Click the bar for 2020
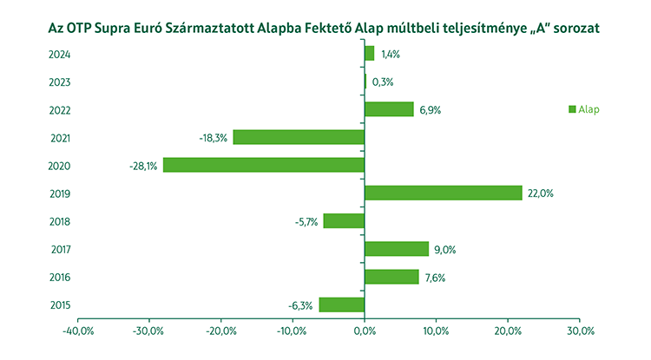click(x=264, y=165)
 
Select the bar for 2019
click(x=444, y=193)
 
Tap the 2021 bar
click(x=299, y=137)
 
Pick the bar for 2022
click(x=389, y=109)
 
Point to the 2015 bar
click(x=342, y=304)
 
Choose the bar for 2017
click(x=397, y=249)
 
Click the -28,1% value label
click(x=143, y=166)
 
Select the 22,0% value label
click(x=540, y=193)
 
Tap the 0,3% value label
click(x=383, y=82)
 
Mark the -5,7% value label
click(x=306, y=221)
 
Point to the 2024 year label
click(x=60, y=55)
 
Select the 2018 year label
click(x=60, y=221)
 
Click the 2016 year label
click(x=60, y=278)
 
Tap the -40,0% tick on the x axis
click(x=78, y=331)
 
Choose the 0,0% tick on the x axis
click(x=365, y=331)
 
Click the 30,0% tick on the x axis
click(x=580, y=331)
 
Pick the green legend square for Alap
click(x=572, y=109)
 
